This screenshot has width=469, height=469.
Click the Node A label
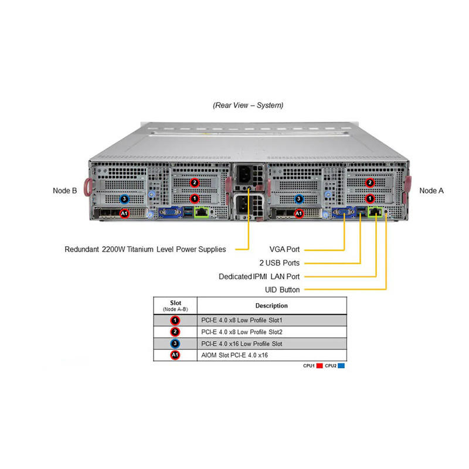[x=431, y=191]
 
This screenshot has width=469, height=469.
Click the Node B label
[x=65, y=191]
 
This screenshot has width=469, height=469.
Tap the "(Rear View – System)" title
[x=248, y=106]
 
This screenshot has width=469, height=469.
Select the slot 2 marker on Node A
[x=370, y=182]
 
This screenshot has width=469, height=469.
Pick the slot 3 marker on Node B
[x=124, y=199]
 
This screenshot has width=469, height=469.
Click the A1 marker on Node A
[x=298, y=213]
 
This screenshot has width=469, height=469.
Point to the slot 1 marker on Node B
[x=195, y=198]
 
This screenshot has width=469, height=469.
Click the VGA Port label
[x=284, y=249]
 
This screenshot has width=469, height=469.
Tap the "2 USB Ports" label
[x=280, y=263]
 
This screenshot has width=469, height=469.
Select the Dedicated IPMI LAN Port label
[x=259, y=276]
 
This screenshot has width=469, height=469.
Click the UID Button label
[x=282, y=290]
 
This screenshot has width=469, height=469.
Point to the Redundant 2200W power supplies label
[x=145, y=249]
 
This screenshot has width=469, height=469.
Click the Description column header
[x=271, y=305]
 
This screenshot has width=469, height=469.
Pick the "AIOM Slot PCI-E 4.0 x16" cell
[x=235, y=355]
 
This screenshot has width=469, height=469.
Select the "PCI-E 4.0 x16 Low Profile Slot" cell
[x=242, y=344]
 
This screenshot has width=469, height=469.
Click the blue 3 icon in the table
[x=175, y=344]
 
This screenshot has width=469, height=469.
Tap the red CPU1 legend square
[x=320, y=365]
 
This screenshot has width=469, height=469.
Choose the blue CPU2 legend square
[x=341, y=365]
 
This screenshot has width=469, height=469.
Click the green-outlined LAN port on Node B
[x=202, y=212]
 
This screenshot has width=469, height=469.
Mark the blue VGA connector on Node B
[x=170, y=212]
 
